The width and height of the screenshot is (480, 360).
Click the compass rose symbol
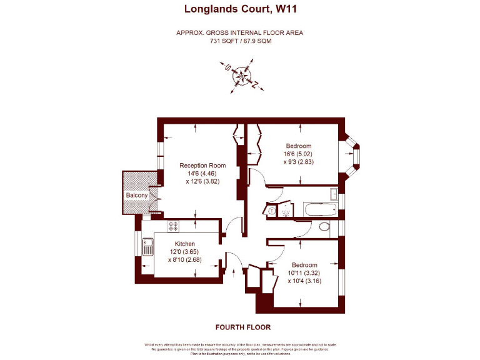241,76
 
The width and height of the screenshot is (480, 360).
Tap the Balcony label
137,196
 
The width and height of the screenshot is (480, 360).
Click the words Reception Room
198,166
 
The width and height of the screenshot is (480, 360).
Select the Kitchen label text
184,244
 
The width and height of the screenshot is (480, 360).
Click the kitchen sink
147,247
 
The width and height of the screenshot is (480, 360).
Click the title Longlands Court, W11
239,9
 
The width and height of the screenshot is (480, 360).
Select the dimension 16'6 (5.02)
297,154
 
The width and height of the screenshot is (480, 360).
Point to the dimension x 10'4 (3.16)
304,281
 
